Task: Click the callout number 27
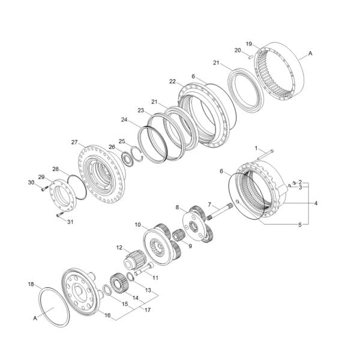[x=74, y=142]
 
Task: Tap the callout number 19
[x=248, y=44]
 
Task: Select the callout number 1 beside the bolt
[x=256, y=148]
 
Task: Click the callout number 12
[x=119, y=248]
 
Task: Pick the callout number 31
[x=71, y=222]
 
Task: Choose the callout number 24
[x=124, y=119]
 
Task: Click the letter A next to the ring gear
[x=311, y=55]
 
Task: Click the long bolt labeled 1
[x=267, y=154]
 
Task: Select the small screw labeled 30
[x=43, y=188]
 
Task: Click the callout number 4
[x=315, y=203]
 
